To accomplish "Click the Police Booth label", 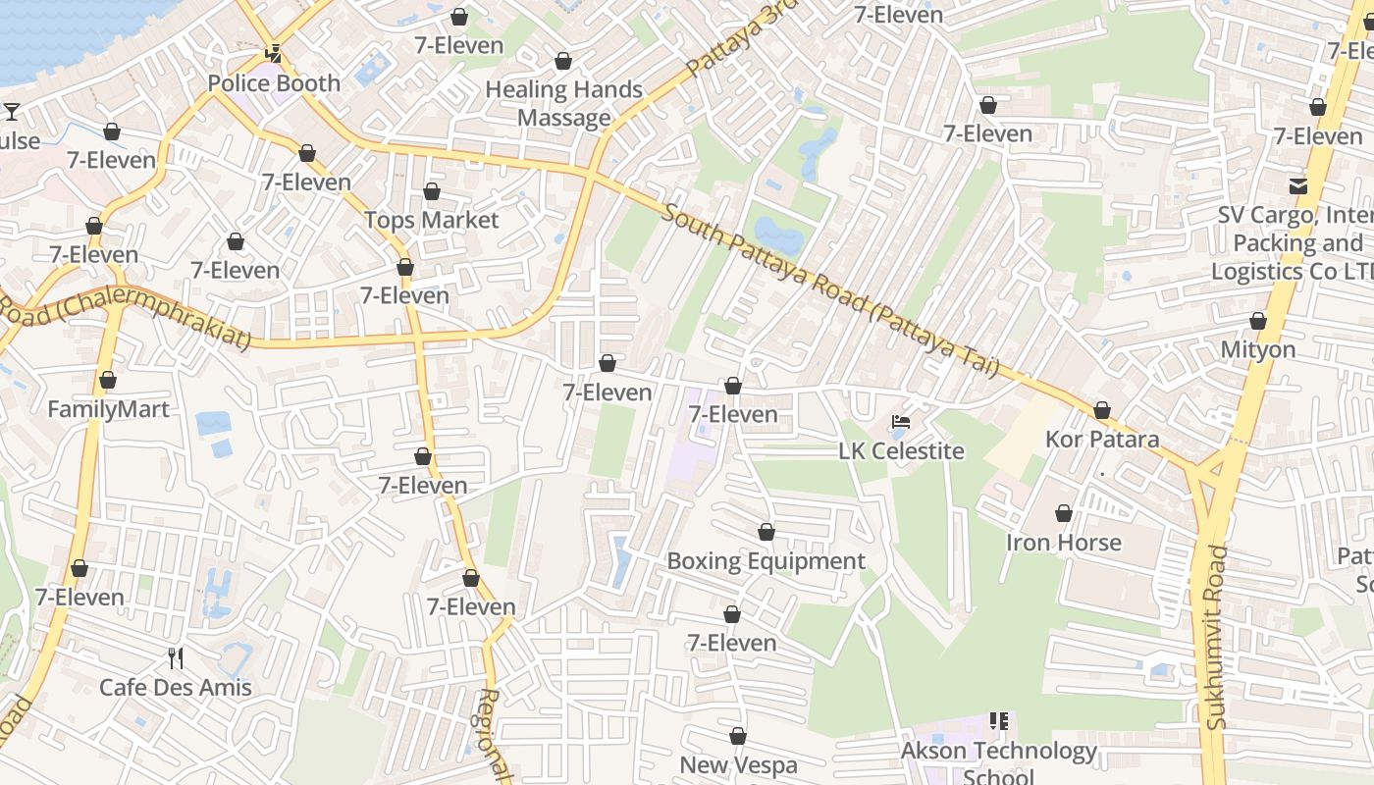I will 274,83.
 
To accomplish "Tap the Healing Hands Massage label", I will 563,103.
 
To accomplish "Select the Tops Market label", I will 432,220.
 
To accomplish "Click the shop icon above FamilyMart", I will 108,380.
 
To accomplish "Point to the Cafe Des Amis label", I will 176,687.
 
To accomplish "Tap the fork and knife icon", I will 176,657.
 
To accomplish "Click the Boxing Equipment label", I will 766,561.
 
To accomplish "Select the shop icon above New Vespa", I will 738,736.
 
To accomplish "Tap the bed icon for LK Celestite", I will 901,423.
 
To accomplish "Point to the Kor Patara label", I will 1102,439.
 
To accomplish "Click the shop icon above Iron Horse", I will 1064,513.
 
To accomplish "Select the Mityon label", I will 1258,349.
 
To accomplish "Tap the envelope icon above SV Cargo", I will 1298,185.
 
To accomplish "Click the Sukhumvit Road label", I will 1217,638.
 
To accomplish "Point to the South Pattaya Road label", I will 829,289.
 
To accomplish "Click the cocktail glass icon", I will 12,111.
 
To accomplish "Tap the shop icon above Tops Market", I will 432,191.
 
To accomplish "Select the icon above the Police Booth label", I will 274,55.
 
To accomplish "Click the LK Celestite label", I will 901,451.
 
